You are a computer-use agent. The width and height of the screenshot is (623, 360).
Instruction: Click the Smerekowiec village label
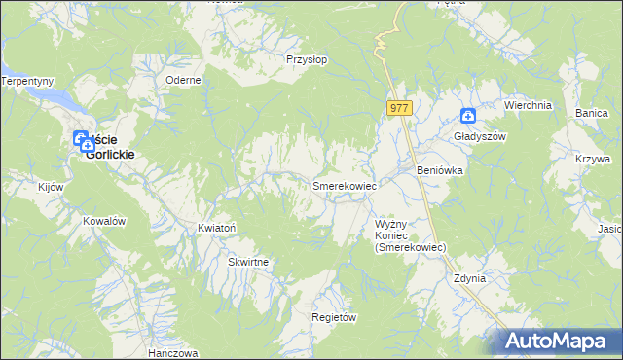tap(344, 184)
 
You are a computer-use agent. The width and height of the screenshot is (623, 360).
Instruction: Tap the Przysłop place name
tap(308, 59)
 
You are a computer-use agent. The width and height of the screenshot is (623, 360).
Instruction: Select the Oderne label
tap(183, 80)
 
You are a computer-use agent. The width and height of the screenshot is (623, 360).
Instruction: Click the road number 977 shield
tap(399, 108)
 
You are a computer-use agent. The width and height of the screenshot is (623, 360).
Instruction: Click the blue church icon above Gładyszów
tap(468, 117)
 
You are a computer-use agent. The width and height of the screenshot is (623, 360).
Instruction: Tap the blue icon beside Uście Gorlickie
tap(83, 140)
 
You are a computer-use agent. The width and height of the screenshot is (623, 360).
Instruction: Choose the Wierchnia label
tap(528, 104)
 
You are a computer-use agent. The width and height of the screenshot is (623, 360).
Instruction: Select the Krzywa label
tap(592, 159)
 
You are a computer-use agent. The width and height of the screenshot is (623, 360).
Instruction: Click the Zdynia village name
tap(469, 278)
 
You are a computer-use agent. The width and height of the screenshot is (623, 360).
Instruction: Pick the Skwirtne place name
tap(248, 263)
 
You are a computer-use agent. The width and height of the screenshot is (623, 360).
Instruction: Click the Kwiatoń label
tap(217, 228)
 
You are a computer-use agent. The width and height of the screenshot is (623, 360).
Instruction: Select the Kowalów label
tap(105, 221)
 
